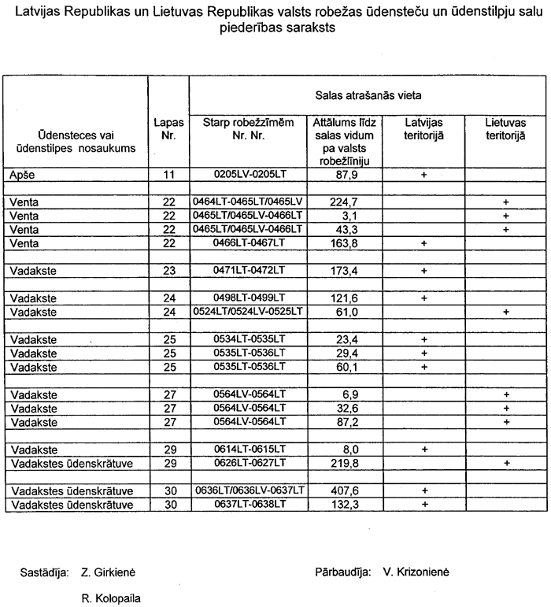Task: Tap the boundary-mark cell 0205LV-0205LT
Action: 248,175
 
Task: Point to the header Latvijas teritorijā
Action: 424,128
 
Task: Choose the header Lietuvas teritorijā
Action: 505,128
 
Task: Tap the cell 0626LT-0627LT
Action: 248,462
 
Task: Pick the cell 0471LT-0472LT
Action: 248,271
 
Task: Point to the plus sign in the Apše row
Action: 424,175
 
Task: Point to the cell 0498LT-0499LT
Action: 248,298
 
